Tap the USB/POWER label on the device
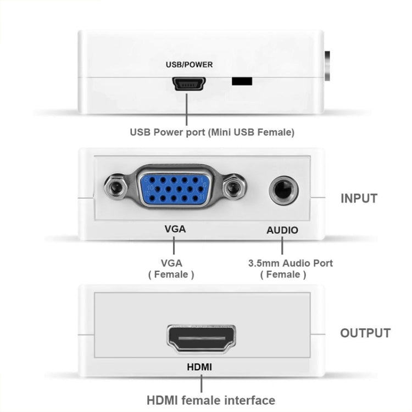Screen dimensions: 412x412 click(x=189, y=64)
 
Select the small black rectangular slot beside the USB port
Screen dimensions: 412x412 click(x=242, y=81)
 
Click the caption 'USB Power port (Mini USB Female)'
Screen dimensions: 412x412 click(x=212, y=132)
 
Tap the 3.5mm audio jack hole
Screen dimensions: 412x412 click(x=283, y=190)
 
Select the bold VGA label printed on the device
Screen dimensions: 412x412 click(x=175, y=229)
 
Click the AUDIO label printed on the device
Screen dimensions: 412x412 click(x=282, y=230)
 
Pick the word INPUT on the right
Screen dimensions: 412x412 click(x=359, y=198)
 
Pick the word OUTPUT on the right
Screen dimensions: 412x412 click(x=365, y=333)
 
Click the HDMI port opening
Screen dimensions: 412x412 click(x=201, y=339)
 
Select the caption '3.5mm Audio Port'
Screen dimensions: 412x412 click(x=291, y=263)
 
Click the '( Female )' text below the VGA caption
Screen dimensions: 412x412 click(x=171, y=274)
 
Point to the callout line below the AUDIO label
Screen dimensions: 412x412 click(x=282, y=246)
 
